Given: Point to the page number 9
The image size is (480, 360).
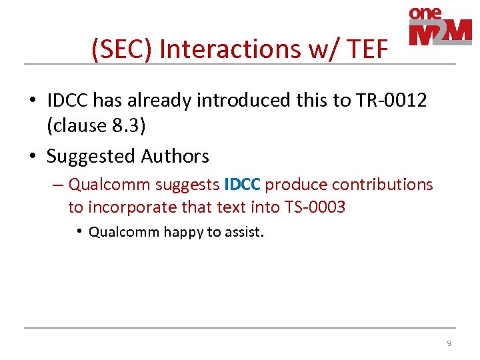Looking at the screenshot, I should tap(449, 343).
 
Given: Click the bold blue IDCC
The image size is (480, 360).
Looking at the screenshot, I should tap(243, 185).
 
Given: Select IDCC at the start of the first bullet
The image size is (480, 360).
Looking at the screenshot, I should tap(67, 100).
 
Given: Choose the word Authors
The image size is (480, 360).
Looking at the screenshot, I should tap(175, 157).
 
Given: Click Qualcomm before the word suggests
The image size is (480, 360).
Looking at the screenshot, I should tap(109, 185).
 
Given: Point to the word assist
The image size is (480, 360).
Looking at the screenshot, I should tap(245, 232).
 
